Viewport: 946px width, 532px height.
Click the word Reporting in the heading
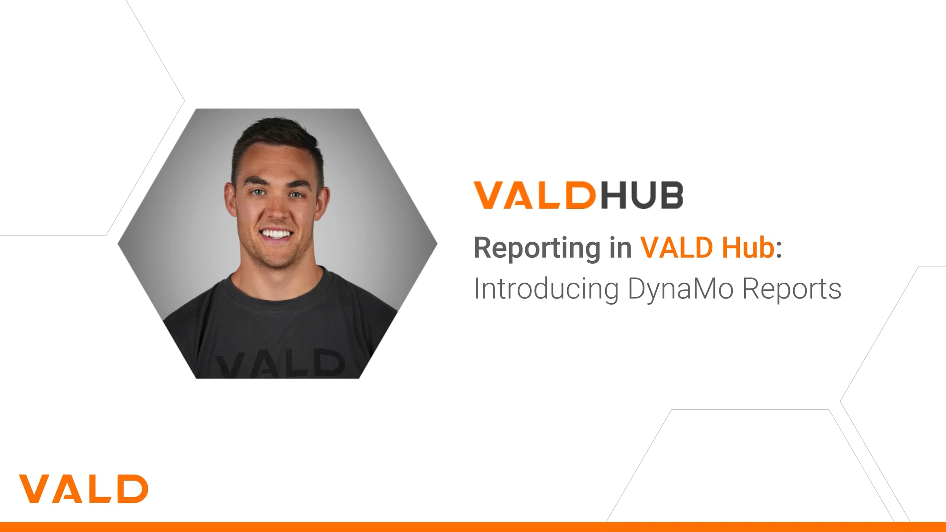pyautogui.click(x=537, y=249)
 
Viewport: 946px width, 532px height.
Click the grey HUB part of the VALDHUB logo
pyautogui.click(x=642, y=195)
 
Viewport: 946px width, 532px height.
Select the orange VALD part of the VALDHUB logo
pyautogui.click(x=535, y=195)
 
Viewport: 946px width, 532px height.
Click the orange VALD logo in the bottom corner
pyautogui.click(x=84, y=488)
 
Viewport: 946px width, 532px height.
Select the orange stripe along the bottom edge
pyautogui.click(x=473, y=527)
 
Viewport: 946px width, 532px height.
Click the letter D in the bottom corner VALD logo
pyautogui.click(x=134, y=488)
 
